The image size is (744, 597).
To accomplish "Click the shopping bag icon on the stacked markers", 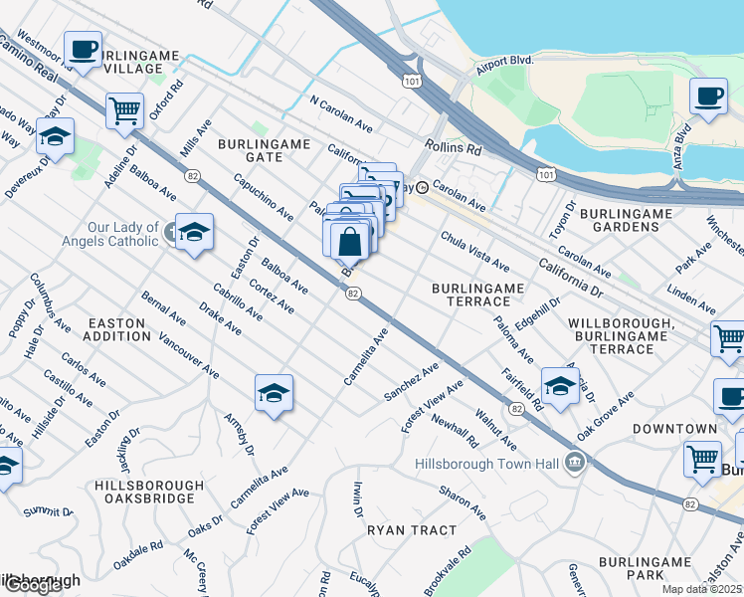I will [349, 241].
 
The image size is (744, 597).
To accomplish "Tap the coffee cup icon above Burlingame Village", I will [83, 48].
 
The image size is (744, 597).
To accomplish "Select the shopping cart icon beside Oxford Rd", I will [124, 109].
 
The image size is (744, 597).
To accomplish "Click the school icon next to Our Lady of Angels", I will [195, 232].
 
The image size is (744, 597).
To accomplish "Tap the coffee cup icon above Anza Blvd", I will [708, 98].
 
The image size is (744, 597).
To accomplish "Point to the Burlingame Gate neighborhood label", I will [265, 151].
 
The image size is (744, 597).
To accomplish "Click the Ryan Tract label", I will [412, 530].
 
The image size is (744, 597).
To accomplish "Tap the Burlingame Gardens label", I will [654, 221].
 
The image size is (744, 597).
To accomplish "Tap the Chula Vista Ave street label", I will [475, 253].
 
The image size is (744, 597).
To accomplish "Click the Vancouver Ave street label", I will [189, 353].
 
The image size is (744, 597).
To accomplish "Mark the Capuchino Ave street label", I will [264, 199].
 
